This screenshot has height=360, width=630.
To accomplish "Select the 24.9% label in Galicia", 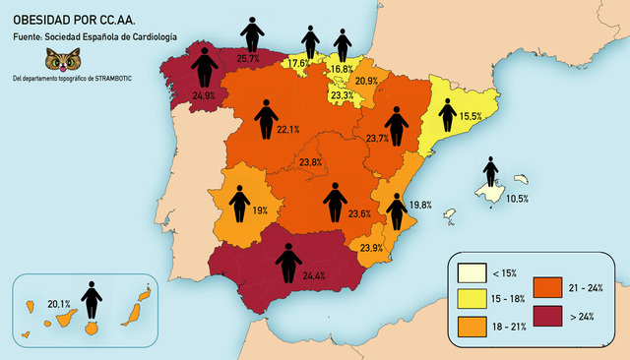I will tap(204, 95).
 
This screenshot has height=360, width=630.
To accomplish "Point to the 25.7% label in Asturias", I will tap(249, 59).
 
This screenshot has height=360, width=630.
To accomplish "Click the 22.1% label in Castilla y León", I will tap(288, 129).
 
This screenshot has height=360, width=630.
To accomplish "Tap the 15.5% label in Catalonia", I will tap(471, 117).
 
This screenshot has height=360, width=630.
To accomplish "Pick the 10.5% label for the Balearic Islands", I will tap(517, 199).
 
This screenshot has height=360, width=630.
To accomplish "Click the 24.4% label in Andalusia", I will tap(314, 275).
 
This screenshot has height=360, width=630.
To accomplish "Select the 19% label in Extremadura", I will tap(260, 210).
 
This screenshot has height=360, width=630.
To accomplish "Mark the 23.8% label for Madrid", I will tap(311, 162).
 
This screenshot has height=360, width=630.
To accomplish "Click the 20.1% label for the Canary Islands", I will tap(59, 304).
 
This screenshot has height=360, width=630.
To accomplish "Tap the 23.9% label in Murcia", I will tap(372, 248).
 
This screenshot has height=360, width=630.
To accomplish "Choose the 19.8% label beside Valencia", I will tap(420, 205).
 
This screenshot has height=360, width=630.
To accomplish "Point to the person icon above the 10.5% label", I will tap(490, 174).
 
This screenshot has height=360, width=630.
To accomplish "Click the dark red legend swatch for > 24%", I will tap(548, 316).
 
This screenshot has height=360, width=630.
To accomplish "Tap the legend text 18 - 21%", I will tap(510, 325).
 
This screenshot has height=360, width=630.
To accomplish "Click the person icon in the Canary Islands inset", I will tap(92, 300).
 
